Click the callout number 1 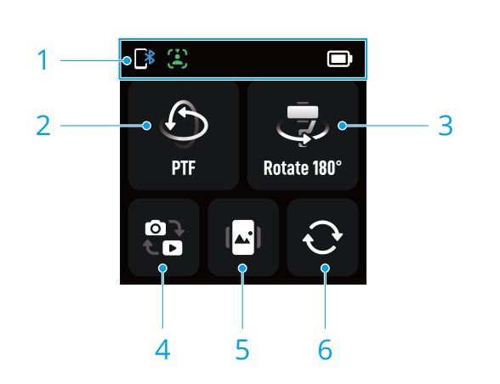43,60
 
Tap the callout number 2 43,125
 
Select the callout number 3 446,125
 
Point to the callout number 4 162,349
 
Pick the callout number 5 242,349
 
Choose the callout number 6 325,349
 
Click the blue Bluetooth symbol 150,58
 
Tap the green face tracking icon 177,59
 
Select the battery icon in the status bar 339,59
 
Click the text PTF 184,167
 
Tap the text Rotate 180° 303,167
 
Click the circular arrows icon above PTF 184,124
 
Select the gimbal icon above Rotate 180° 303,124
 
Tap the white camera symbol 156,228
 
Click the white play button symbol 173,248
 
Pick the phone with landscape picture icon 243,237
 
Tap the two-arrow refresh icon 322,237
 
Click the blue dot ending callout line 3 343,126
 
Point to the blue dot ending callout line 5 242,268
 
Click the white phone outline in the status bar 140,59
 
